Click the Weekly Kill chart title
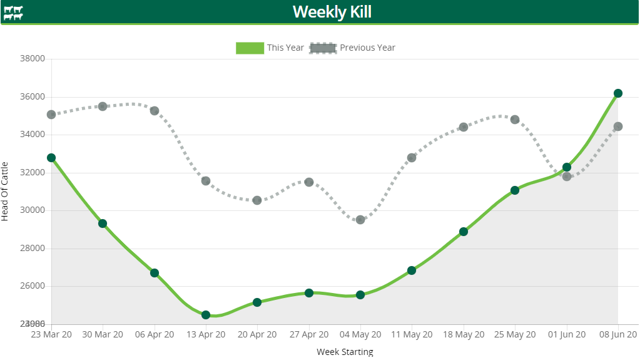click(x=332, y=12)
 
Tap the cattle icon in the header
click(x=13, y=13)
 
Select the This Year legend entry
click(x=270, y=48)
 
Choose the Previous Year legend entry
click(x=353, y=48)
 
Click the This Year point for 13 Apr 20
click(x=206, y=315)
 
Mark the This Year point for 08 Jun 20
click(x=618, y=93)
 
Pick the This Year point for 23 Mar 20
click(x=51, y=158)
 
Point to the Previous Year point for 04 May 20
click(x=360, y=220)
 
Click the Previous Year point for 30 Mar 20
click(x=103, y=106)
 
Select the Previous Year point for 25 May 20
click(x=515, y=120)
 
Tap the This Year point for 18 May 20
click(x=464, y=232)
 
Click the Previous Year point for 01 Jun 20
click(x=567, y=177)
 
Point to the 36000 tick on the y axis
click(x=33, y=97)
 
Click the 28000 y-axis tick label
click(x=33, y=249)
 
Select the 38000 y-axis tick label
click(x=33, y=59)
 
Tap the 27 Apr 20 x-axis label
click(x=309, y=335)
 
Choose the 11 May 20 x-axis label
click(x=412, y=335)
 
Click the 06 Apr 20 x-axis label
click(x=155, y=335)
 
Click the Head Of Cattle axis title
click(x=6, y=191)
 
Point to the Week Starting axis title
click(x=345, y=352)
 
